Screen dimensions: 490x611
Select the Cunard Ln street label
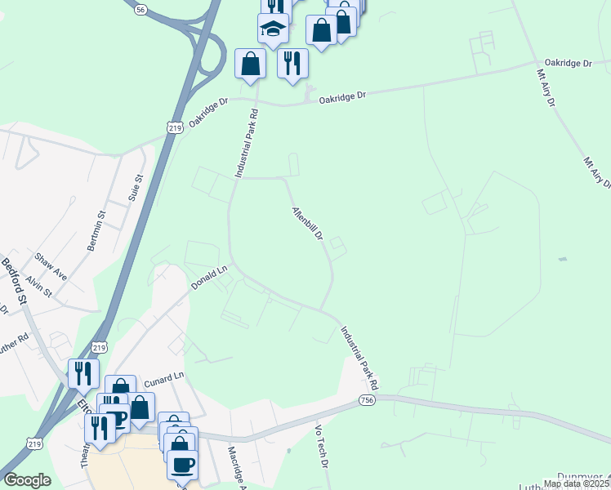point(165,381)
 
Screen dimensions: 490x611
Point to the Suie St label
point(136,188)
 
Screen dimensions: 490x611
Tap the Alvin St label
point(38,287)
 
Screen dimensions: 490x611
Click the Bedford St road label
point(14,282)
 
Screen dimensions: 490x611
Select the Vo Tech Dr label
point(321,445)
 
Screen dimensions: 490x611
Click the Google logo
point(27,480)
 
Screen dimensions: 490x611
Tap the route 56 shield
point(141,9)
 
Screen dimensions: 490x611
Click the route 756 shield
point(367,399)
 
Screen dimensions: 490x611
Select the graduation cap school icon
point(273,30)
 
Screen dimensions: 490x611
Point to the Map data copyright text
point(577,483)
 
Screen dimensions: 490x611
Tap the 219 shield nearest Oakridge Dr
point(174,128)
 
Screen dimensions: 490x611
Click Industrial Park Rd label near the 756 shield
point(360,357)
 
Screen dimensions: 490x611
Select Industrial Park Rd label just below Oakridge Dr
point(246,144)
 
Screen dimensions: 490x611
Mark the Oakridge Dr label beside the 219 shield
point(206,113)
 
